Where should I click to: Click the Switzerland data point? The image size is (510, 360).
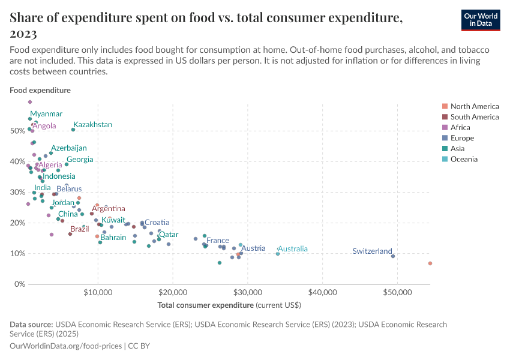(393, 256)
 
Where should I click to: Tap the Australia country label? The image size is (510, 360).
(293, 249)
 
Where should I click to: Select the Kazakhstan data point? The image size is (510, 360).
(73, 130)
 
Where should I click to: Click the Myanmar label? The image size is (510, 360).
(46, 114)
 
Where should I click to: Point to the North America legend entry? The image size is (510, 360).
(474, 106)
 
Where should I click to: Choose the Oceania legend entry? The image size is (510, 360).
(464, 159)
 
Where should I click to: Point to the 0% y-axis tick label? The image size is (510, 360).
(19, 284)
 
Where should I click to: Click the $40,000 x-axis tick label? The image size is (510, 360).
(322, 293)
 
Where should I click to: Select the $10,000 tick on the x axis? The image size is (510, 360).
(98, 293)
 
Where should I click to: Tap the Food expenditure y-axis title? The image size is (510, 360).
(40, 91)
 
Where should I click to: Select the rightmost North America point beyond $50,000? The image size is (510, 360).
(430, 263)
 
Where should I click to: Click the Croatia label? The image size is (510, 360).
(157, 223)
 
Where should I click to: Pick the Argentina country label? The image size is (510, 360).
(109, 209)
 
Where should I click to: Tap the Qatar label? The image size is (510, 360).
(168, 235)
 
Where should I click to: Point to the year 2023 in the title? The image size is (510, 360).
(23, 34)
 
